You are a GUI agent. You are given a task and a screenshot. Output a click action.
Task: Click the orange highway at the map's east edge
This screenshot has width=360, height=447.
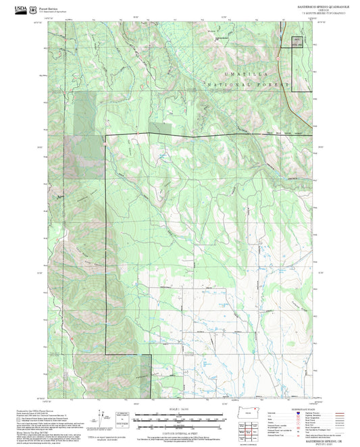click(290, 101)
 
